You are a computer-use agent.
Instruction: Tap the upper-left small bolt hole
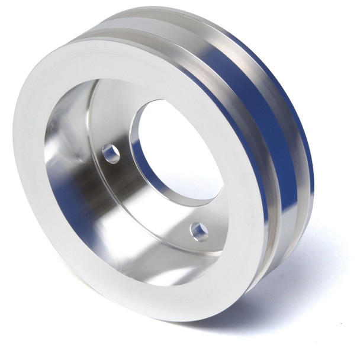111,154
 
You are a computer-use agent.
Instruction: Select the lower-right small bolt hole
199,231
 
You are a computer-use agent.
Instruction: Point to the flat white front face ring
36,178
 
